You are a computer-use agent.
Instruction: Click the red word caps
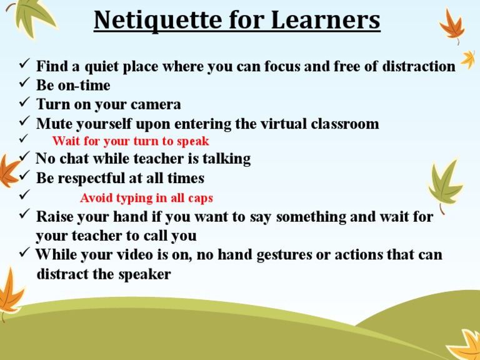click(200, 198)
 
